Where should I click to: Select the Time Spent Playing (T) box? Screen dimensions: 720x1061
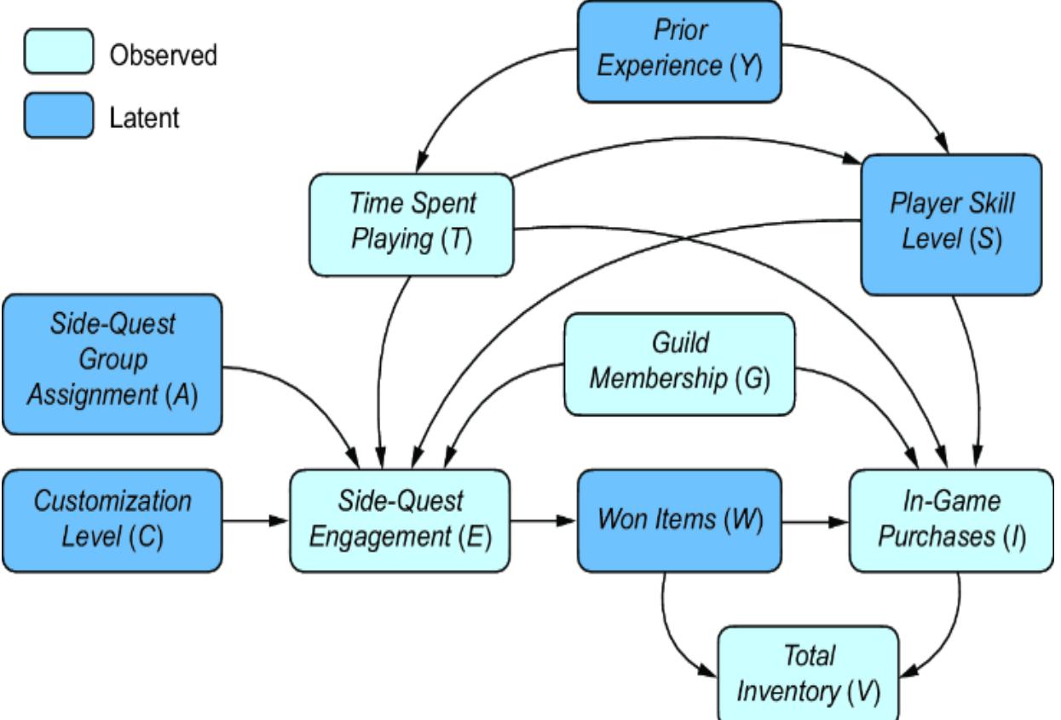point(411,224)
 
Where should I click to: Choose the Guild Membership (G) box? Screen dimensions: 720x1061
point(679,363)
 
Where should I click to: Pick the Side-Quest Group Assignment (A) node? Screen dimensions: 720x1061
point(112,363)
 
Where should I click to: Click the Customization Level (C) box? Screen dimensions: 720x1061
point(112,520)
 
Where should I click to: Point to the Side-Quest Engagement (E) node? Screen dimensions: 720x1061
point(401,520)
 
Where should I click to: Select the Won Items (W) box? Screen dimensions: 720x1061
point(679,520)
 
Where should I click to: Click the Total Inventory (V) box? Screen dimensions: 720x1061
point(808,673)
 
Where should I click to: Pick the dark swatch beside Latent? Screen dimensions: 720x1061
point(57,117)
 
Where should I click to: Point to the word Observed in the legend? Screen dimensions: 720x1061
point(163,56)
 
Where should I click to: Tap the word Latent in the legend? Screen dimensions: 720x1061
point(144,118)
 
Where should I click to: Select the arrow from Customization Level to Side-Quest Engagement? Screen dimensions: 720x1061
point(256,520)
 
